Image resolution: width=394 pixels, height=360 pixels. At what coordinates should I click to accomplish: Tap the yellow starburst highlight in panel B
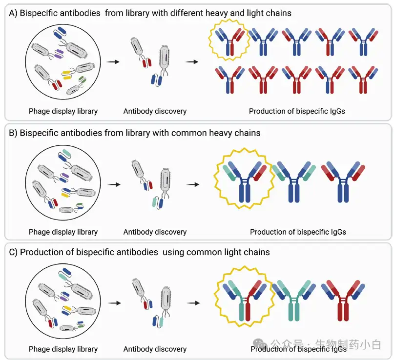pyautogui.click(x=215, y=179)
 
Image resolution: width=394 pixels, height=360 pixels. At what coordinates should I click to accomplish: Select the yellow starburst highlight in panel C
pyautogui.click(x=215, y=297)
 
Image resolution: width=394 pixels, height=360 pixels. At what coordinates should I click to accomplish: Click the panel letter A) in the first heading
pyautogui.click(x=13, y=13)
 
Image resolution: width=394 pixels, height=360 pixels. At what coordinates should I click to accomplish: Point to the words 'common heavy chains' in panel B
pyautogui.click(x=216, y=133)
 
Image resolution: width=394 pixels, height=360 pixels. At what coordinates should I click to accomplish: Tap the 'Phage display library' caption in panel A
pyautogui.click(x=63, y=111)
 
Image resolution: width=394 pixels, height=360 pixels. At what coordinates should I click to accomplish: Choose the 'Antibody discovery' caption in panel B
pyautogui.click(x=155, y=232)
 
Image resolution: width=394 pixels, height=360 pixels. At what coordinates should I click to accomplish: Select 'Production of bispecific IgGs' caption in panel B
pyautogui.click(x=298, y=232)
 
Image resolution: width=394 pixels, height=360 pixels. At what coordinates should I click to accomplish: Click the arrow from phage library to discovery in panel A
pyautogui.click(x=113, y=62)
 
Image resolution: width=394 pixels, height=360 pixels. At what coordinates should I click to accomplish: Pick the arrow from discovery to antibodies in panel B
pyautogui.click(x=193, y=184)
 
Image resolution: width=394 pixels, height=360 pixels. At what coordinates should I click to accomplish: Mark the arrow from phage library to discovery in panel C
pyautogui.click(x=115, y=303)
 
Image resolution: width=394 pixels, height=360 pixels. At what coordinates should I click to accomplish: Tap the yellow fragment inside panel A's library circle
pyautogui.click(x=66, y=75)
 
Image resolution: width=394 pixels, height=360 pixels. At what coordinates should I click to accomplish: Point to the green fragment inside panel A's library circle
pyautogui.click(x=82, y=80)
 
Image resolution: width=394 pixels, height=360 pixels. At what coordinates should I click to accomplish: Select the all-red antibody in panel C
pyautogui.click(x=343, y=300)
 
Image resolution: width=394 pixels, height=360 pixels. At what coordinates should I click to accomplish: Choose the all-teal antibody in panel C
pyautogui.click(x=294, y=300)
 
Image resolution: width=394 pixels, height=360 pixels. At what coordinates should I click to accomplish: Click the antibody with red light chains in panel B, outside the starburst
pyautogui.click(x=343, y=182)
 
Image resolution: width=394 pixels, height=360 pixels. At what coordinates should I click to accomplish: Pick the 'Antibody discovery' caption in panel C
pyautogui.click(x=155, y=349)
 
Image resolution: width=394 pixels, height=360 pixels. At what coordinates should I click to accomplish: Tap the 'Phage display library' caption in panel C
pyautogui.click(x=63, y=349)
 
